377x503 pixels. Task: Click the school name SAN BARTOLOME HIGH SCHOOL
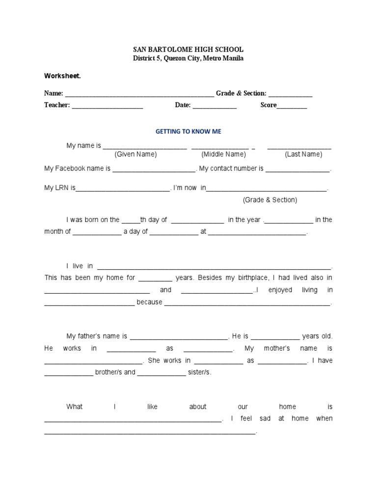tap(188, 50)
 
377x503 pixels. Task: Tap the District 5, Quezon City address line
tap(188, 58)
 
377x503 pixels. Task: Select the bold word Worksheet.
tap(62, 76)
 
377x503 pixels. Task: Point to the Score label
tap(269, 105)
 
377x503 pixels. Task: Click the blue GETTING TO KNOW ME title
tap(188, 132)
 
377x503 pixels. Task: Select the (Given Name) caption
tap(135, 154)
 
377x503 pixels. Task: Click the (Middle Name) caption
tap(223, 154)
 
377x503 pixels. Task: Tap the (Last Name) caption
tap(303, 154)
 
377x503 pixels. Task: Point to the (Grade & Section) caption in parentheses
tap(269, 200)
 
